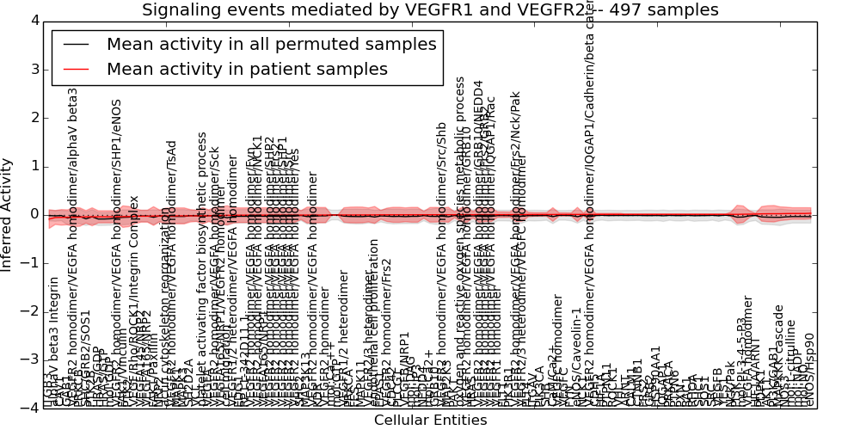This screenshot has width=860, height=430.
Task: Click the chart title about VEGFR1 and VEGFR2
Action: [430, 10]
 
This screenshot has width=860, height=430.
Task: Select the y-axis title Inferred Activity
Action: [8, 215]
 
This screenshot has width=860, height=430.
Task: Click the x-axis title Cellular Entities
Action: [430, 421]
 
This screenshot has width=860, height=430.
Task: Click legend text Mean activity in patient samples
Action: [247, 69]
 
